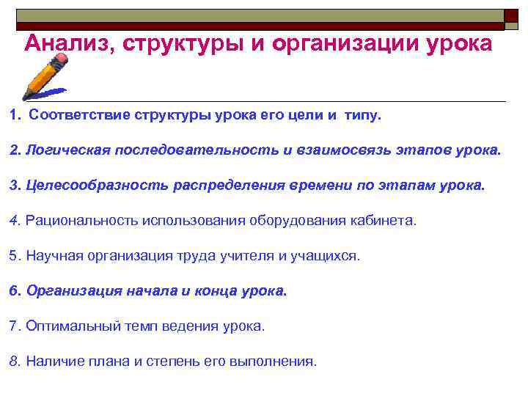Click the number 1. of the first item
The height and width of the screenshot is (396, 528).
coord(15,115)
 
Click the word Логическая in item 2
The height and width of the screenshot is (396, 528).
coord(67,150)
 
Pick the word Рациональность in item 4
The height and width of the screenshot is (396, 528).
coord(81,221)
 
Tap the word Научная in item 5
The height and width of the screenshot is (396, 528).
coord(51,256)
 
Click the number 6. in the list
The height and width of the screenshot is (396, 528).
coord(15,290)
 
